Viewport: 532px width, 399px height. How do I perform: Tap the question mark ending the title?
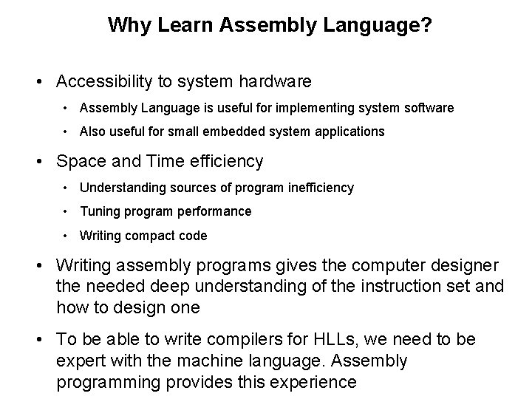[428, 25]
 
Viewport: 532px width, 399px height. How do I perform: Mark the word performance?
[214, 211]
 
